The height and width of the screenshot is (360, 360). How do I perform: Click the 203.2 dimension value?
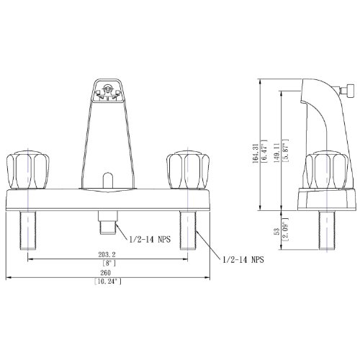(107, 254)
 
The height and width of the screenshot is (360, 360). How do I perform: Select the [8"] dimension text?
(109, 263)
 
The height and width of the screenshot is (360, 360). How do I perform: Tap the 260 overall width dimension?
(106, 273)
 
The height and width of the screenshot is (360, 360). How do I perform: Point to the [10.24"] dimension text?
(108, 282)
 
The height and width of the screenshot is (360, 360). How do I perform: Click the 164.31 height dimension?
(256, 153)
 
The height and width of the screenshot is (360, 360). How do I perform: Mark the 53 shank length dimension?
(277, 231)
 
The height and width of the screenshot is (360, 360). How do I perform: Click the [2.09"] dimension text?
(285, 230)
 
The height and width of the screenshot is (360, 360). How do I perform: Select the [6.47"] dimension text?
(264, 151)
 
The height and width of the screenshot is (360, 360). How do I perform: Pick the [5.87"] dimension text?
(285, 150)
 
